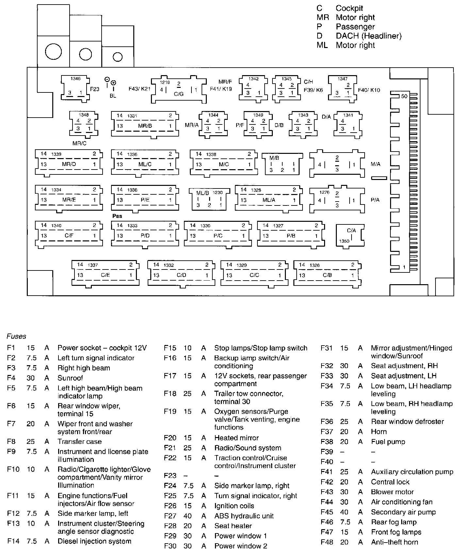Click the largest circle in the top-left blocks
click(x=53, y=52)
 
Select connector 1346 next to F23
click(x=75, y=88)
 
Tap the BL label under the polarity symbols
click(x=113, y=96)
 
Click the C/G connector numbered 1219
click(x=178, y=90)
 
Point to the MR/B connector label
click(x=145, y=126)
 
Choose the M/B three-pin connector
click(x=282, y=164)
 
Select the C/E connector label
click(x=105, y=275)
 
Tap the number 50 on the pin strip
click(x=404, y=96)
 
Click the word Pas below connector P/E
click(x=117, y=216)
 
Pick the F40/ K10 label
click(x=369, y=90)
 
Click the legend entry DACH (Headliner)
click(x=369, y=36)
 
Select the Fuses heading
click(x=16, y=336)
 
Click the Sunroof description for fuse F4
click(x=70, y=378)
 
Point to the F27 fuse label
click(x=170, y=516)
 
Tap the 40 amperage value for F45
click(x=344, y=512)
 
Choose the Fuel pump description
click(x=388, y=442)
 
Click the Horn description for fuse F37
click(x=379, y=432)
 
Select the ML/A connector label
click(x=269, y=200)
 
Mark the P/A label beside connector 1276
click(x=375, y=200)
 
